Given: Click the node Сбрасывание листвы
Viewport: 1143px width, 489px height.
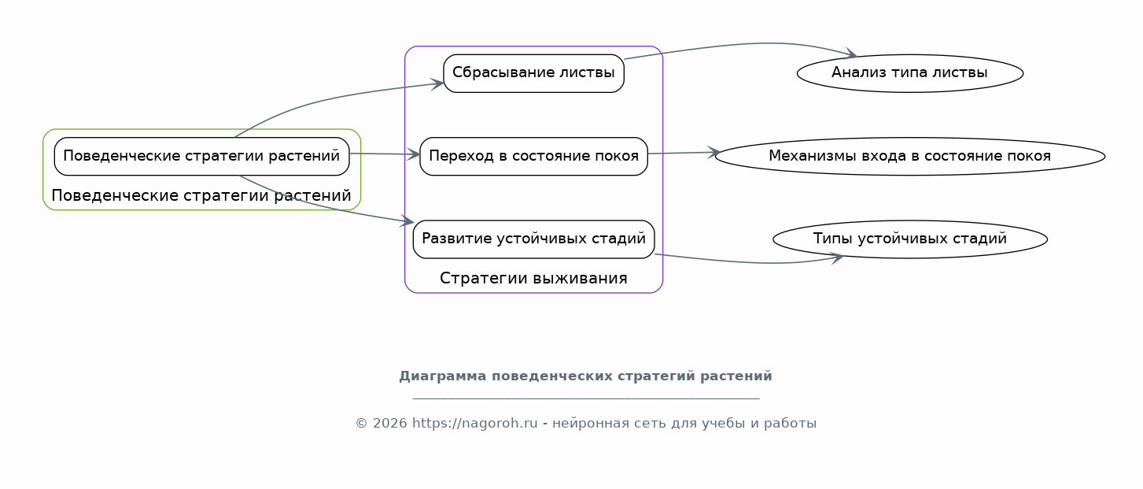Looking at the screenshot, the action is coord(533,73).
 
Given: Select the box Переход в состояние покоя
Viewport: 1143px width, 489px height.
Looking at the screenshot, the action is coord(533,157).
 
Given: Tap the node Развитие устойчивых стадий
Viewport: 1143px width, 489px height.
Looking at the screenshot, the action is coord(533,239).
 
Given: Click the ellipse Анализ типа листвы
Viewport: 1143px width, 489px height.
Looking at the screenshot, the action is coord(910,73).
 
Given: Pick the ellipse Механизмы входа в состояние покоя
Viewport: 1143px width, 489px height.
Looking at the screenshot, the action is coord(910,157).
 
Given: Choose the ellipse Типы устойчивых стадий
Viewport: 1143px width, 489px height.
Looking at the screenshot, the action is coord(910,239).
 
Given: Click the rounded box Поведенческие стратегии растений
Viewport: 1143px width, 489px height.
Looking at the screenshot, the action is coord(202,157).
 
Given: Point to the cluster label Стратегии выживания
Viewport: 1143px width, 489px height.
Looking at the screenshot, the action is coord(533,279).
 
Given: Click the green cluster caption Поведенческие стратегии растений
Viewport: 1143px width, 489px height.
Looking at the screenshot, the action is coord(201,196).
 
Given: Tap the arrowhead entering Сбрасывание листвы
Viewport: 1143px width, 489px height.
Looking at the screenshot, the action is coord(438,83).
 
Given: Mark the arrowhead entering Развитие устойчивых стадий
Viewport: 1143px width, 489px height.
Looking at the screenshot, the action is coord(407,221).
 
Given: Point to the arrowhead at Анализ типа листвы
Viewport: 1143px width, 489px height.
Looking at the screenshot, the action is coord(851,54).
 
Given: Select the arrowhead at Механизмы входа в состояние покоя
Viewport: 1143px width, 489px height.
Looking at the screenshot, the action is coord(713,152).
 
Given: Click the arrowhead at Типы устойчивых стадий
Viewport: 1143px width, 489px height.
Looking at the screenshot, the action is coord(837,258).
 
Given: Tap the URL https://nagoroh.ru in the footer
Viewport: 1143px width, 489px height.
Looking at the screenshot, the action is coord(475,424).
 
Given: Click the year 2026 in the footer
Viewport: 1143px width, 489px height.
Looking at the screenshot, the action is coord(390,424).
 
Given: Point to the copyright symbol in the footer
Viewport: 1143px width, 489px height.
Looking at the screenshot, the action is coord(361,424).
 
